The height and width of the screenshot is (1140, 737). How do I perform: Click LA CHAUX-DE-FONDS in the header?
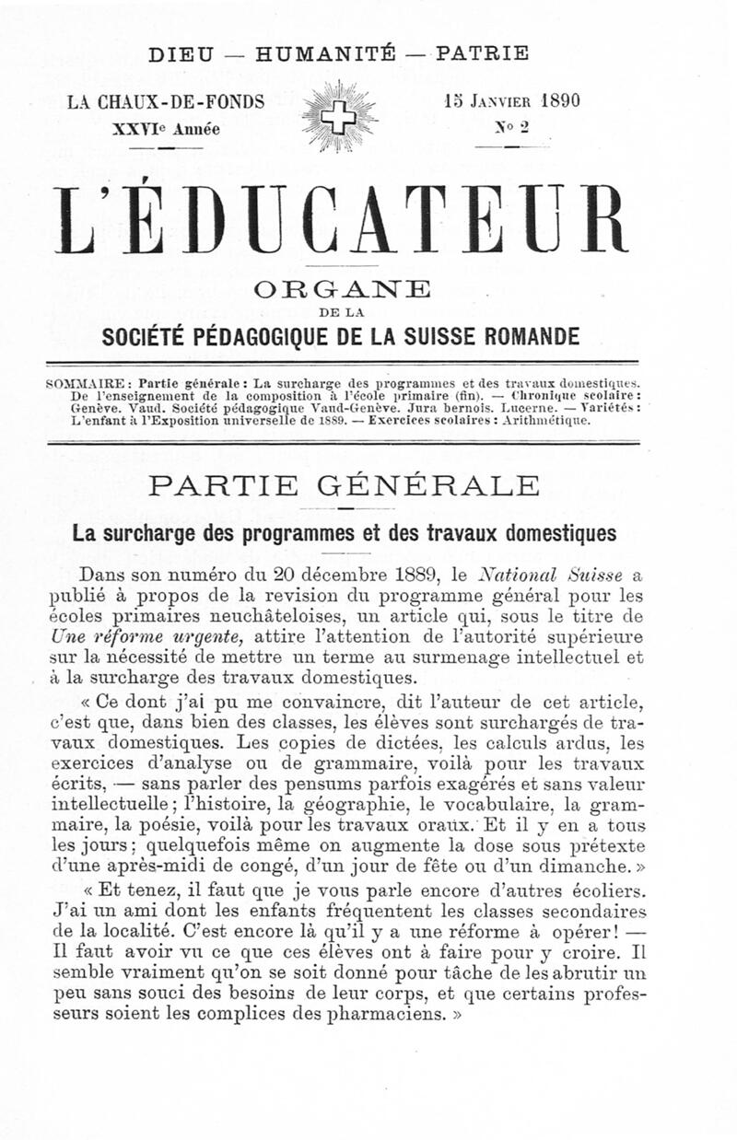click(167, 102)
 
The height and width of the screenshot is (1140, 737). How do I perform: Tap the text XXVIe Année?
click(166, 129)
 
